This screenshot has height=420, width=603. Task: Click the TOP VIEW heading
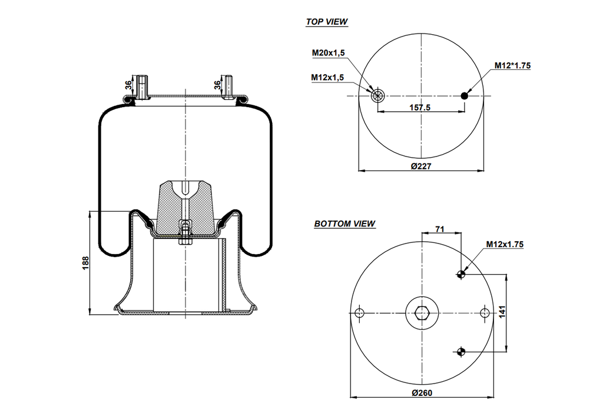tap(326, 22)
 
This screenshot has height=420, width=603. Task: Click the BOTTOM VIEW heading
tap(344, 224)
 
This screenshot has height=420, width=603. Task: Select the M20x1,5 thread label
tap(328, 53)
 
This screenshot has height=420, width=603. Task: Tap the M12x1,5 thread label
tap(328, 77)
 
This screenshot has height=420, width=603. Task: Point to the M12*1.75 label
tap(512, 66)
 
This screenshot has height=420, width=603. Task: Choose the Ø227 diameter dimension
tap(421, 166)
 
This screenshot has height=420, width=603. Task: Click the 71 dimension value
tap(440, 228)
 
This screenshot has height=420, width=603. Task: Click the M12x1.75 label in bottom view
tap(505, 244)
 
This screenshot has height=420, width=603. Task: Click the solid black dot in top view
tap(465, 96)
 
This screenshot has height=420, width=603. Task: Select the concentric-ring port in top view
tap(377, 95)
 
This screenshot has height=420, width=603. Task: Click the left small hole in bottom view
tap(360, 313)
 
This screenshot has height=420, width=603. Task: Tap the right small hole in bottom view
tap(484, 313)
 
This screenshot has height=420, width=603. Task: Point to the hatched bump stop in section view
tap(185, 206)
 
